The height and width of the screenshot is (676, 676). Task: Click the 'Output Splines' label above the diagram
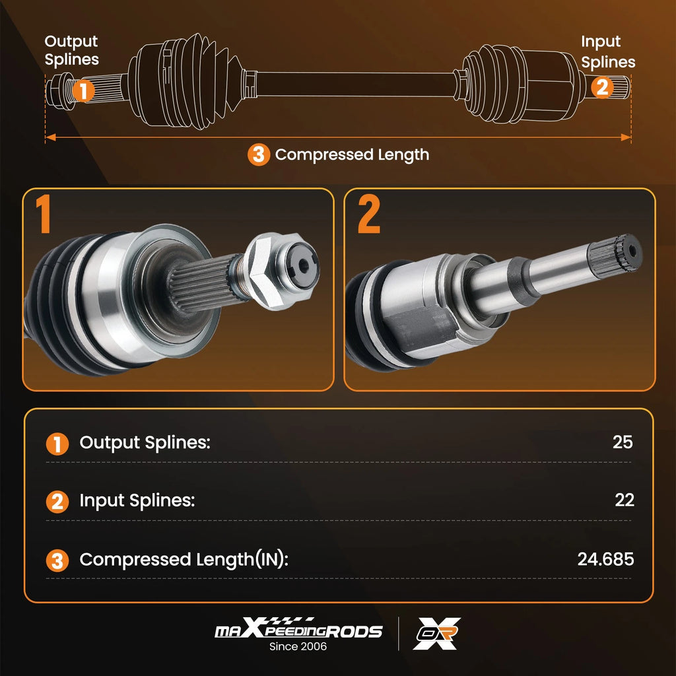(x=71, y=50)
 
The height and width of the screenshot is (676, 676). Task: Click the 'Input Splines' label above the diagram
(x=608, y=51)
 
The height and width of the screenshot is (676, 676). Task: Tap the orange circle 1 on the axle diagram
(x=83, y=90)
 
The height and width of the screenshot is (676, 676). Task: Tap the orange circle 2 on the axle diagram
(x=602, y=87)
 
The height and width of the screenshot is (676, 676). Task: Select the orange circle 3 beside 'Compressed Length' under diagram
(x=259, y=154)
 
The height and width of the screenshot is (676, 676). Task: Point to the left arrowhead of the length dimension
(x=50, y=137)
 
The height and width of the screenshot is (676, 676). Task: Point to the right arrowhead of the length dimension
(x=626, y=137)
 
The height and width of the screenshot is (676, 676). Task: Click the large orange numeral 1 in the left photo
(x=43, y=214)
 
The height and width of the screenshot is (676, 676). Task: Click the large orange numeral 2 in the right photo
(x=368, y=214)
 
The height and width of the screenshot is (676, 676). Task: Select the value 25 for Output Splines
(x=623, y=442)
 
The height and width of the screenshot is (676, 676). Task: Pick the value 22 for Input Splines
(x=625, y=500)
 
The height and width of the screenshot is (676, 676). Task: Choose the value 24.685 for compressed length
(x=606, y=559)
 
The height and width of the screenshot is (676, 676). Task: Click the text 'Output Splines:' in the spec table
(x=145, y=443)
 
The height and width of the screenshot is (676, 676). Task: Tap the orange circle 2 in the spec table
(x=57, y=502)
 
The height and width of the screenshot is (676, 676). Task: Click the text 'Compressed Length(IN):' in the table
(x=184, y=560)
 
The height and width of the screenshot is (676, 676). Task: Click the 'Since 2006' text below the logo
(x=298, y=646)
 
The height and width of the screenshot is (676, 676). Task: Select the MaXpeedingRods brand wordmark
(x=299, y=628)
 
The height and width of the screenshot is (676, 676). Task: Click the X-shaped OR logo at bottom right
(x=437, y=633)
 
